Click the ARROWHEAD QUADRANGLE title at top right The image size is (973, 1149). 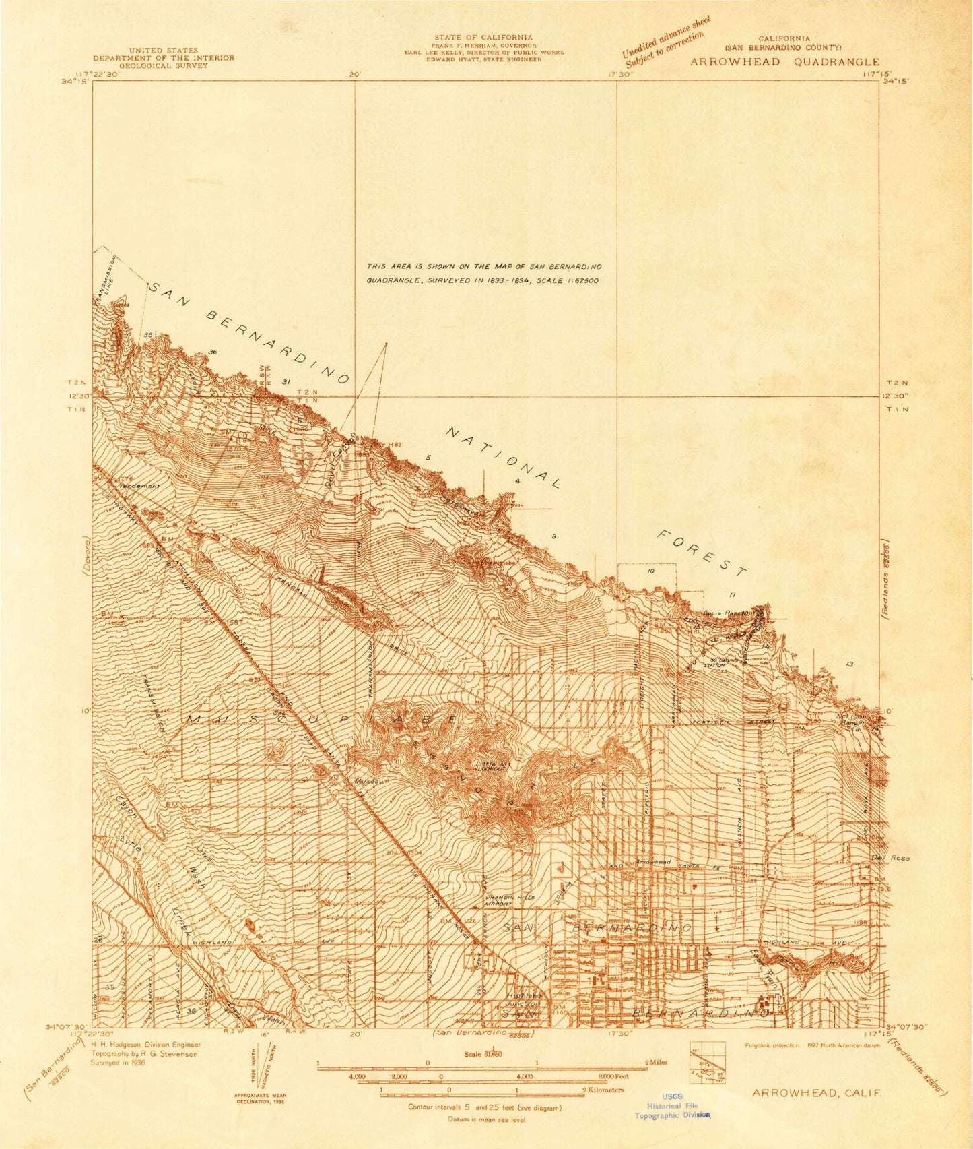784,62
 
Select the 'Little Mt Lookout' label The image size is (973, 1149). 496,766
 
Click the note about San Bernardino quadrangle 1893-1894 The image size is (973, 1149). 483,273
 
